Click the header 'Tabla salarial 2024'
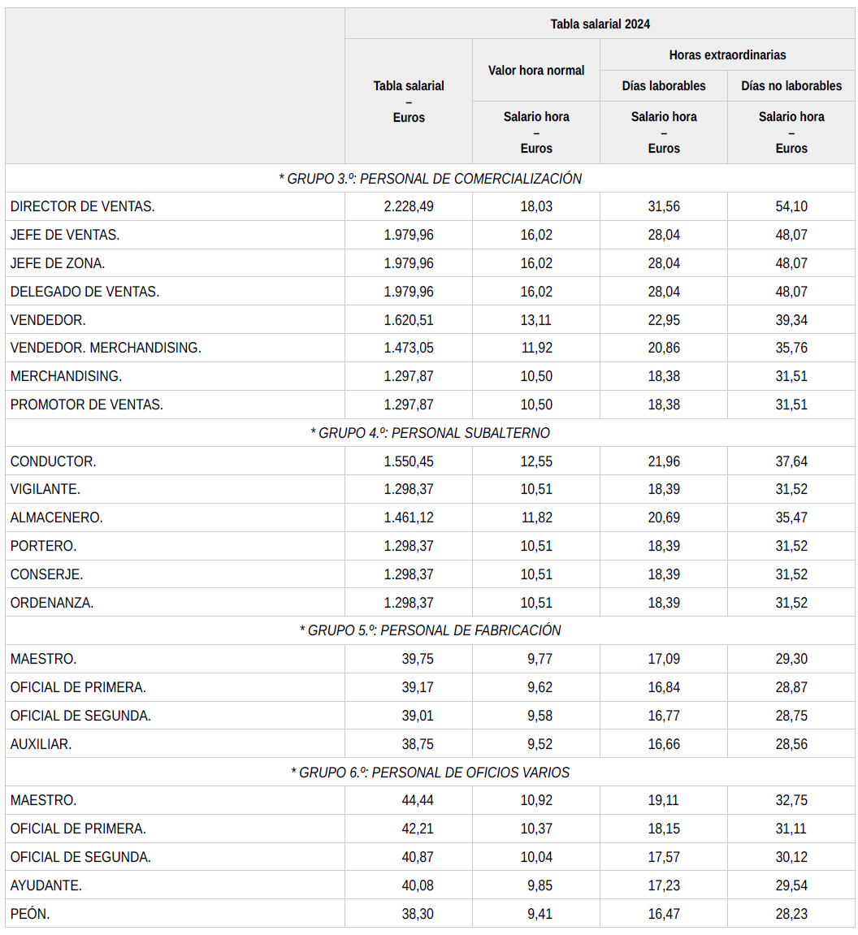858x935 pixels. [x=600, y=24]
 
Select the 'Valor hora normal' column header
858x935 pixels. [x=536, y=71]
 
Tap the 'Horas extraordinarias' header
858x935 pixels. [x=727, y=55]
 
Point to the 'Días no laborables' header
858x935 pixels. [x=791, y=85]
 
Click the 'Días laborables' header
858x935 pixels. [x=664, y=85]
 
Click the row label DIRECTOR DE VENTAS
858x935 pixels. [x=83, y=206]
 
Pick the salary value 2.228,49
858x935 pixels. [x=409, y=206]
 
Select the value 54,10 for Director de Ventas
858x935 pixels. [x=791, y=206]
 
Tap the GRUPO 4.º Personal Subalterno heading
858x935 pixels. [x=430, y=433]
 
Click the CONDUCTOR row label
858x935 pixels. [x=54, y=461]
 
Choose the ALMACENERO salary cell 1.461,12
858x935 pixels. [x=409, y=517]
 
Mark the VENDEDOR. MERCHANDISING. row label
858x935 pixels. [x=106, y=348]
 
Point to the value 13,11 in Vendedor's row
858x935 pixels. [x=536, y=320]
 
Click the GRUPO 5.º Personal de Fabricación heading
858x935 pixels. [x=430, y=630]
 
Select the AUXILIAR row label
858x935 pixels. [x=41, y=744]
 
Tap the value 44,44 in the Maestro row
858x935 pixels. [x=418, y=800]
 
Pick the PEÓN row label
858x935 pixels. [x=30, y=914]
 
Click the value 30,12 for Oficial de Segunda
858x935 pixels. [x=791, y=857]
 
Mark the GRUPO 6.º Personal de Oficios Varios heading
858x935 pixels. [x=430, y=772]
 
